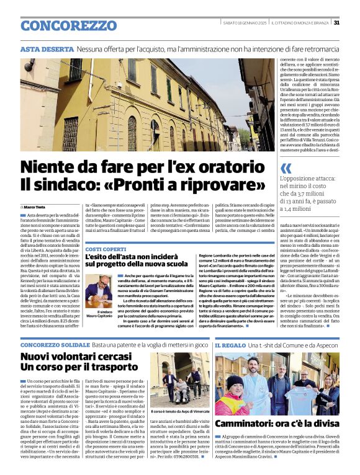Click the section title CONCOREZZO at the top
coord(60,25)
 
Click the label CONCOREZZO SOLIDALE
coord(55,344)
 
